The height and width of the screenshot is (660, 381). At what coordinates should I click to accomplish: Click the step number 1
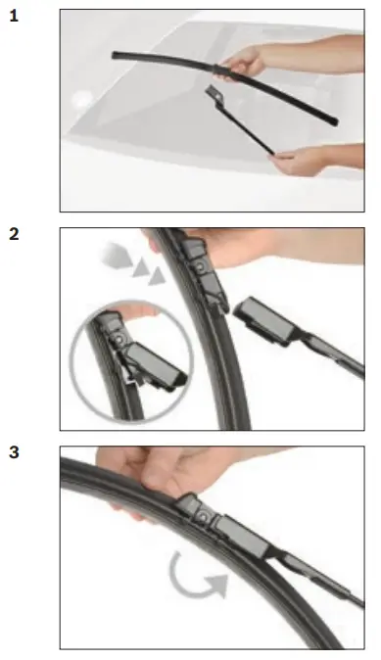coord(13,17)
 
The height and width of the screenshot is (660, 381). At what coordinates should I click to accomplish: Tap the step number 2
coord(14,234)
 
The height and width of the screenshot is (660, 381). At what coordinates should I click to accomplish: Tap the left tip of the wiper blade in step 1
coord(116,55)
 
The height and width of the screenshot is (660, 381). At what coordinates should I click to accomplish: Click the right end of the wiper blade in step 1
coord(334,121)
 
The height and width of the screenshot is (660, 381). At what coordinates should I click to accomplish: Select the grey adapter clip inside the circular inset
coord(152,360)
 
